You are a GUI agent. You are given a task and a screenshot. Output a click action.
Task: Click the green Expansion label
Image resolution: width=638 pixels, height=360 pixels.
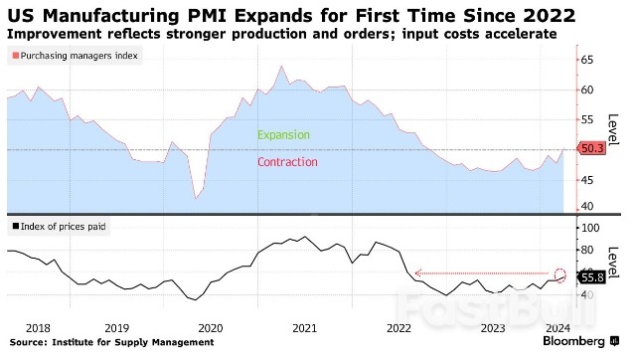click(283, 135)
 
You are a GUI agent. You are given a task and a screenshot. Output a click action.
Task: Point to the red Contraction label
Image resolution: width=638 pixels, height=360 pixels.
click(287, 162)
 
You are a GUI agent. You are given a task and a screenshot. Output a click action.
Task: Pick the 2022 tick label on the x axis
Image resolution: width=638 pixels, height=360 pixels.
click(399, 326)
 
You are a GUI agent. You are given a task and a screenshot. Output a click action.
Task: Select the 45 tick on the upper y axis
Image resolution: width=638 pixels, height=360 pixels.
click(587, 179)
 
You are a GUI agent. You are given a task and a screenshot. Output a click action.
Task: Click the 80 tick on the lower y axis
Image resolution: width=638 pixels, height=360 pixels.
click(587, 251)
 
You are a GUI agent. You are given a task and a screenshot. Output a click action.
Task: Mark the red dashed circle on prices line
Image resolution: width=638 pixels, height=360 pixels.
click(559, 275)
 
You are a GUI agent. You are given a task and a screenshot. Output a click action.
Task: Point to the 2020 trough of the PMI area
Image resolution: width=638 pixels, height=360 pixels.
click(196, 198)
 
